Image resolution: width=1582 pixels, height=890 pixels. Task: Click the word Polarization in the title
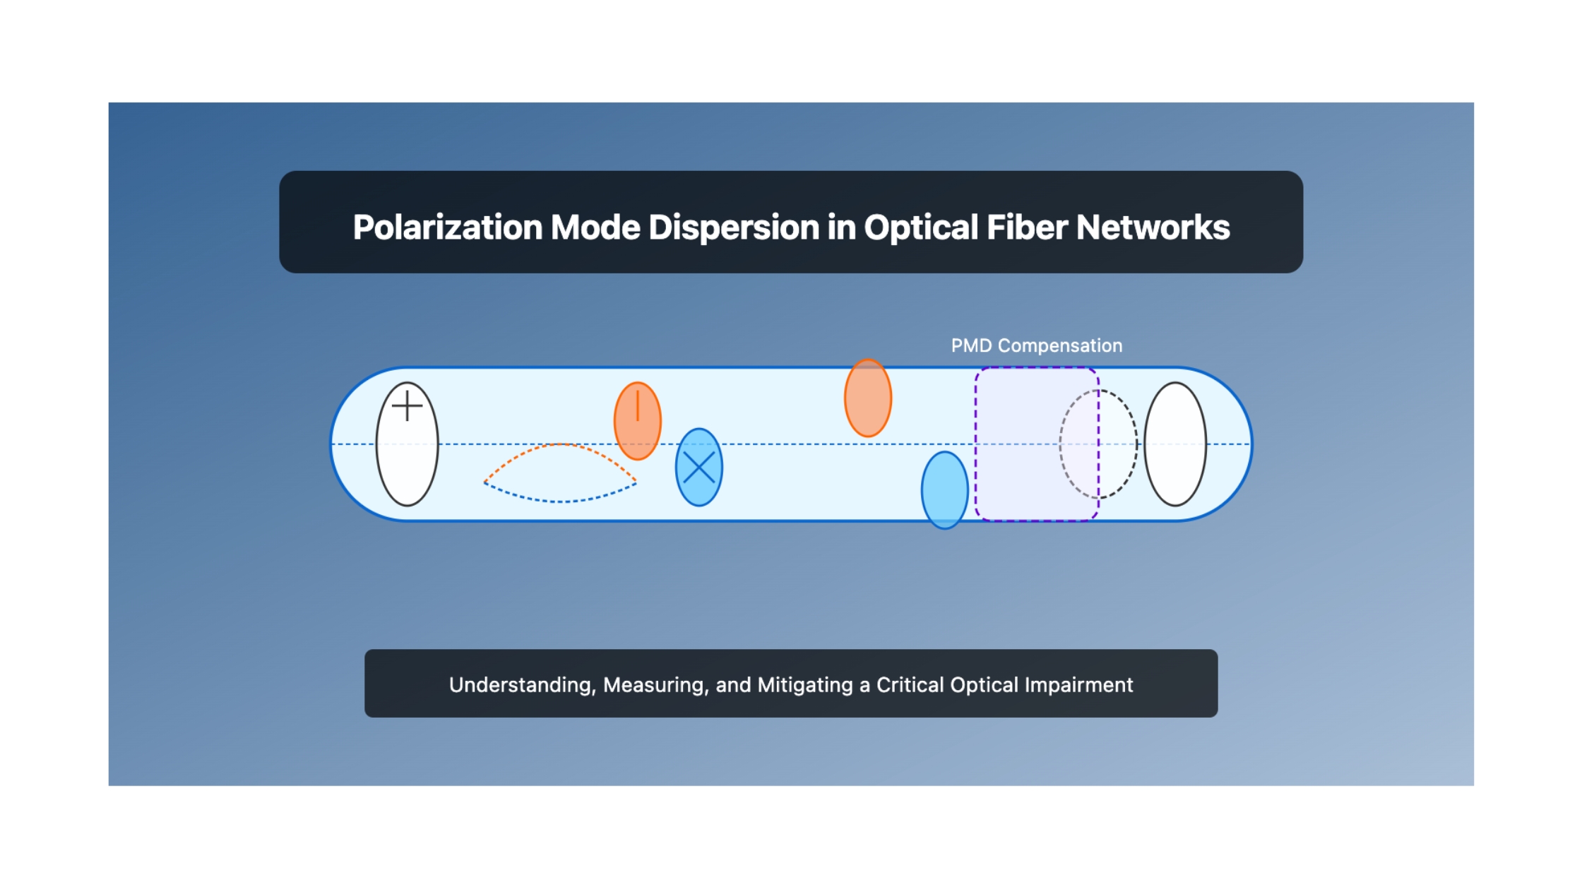pos(447,227)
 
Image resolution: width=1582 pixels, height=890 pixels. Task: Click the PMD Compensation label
pos(1036,345)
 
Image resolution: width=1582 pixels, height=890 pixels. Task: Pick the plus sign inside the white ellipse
pos(407,406)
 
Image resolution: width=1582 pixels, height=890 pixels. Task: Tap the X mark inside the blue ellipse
pos(699,468)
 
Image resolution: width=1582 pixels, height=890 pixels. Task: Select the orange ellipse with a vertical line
pos(638,421)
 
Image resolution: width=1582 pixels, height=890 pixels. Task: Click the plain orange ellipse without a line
pos(868,398)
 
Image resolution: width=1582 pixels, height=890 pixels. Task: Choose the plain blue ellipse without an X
pos(944,490)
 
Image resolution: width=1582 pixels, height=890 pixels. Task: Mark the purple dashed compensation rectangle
pos(976,444)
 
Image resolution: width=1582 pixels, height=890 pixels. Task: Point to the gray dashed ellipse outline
pos(1060,444)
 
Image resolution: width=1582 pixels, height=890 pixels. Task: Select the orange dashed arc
pos(561,444)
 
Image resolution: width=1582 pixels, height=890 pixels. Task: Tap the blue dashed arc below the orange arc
pos(561,502)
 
